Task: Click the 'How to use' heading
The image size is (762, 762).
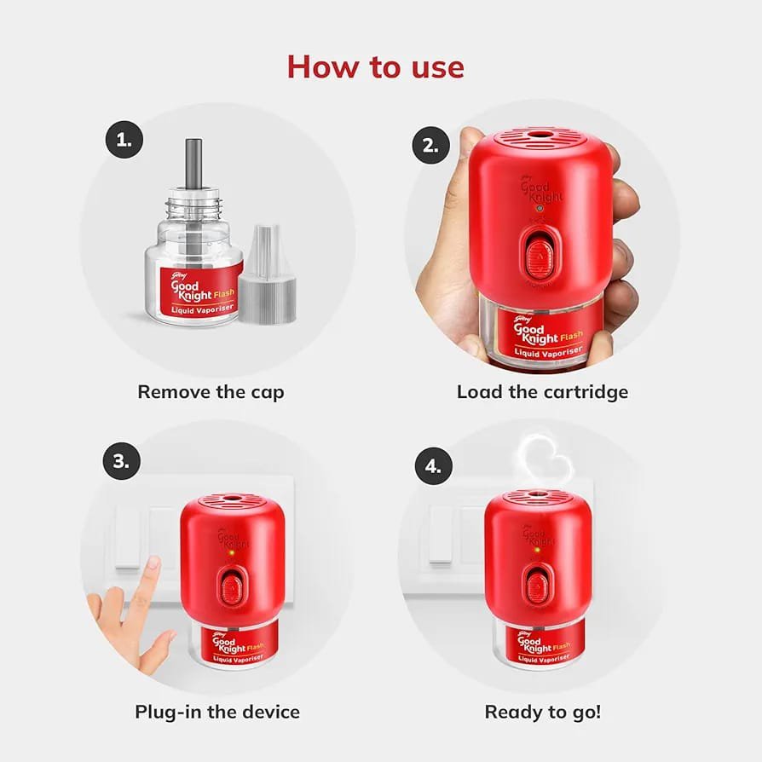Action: [375, 66]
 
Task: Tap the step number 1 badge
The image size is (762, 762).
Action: [124, 141]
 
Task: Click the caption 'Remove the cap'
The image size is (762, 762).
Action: [211, 392]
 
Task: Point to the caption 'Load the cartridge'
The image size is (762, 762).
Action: [542, 392]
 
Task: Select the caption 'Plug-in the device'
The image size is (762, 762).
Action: [216, 711]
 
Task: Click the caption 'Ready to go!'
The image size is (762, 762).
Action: [542, 711]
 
